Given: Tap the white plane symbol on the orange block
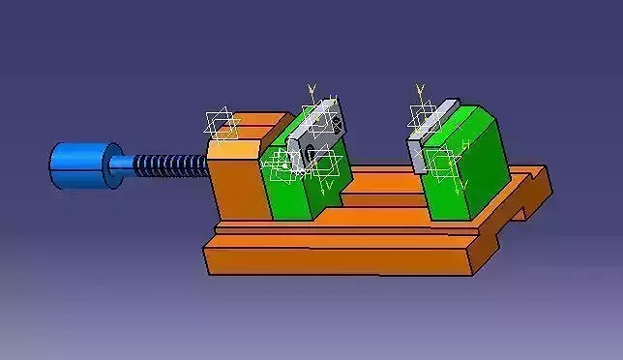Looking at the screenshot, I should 222,124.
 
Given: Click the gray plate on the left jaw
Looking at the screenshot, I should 319,131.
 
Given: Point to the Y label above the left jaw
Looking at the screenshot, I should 311,89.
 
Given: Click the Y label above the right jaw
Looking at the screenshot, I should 420,89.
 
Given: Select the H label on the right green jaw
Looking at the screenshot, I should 465,145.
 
